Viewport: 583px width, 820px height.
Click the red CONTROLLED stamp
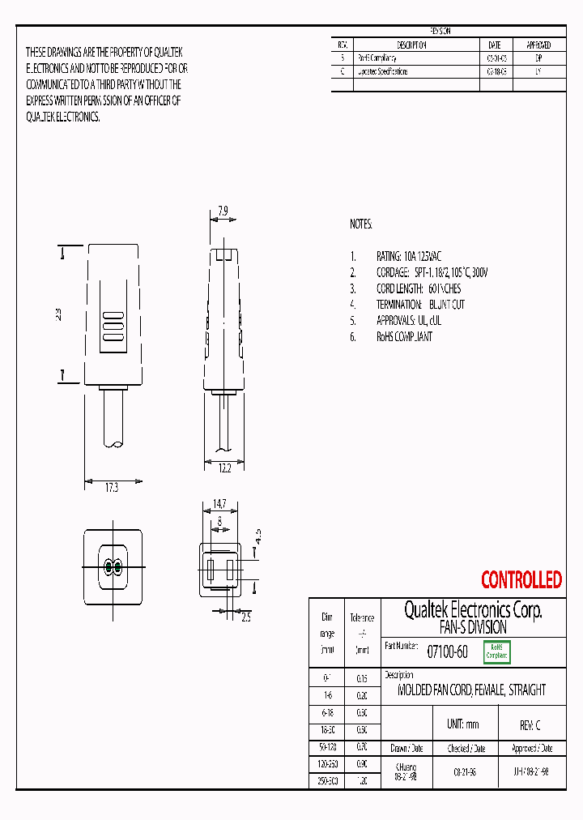[521, 580]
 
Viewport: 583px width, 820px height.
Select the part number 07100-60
[447, 651]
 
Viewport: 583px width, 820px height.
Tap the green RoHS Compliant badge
[497, 651]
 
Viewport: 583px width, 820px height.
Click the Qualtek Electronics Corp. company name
[473, 610]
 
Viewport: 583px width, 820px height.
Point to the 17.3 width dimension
[113, 488]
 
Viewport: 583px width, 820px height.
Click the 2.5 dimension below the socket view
[246, 617]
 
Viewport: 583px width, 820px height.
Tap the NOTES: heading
[361, 224]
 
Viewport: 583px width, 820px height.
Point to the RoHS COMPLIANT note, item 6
[404, 336]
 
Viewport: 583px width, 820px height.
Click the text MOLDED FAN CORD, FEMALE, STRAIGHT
[471, 690]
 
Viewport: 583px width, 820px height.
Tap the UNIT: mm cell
[463, 724]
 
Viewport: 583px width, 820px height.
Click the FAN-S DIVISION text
[473, 627]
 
